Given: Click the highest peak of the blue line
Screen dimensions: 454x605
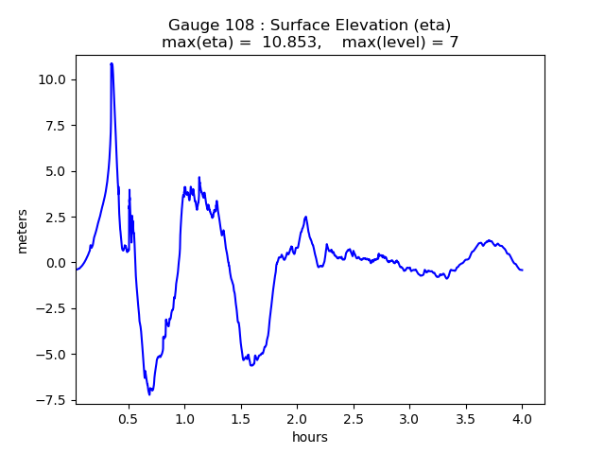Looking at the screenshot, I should coord(112,63).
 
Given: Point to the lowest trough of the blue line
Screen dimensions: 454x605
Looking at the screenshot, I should coord(148,393).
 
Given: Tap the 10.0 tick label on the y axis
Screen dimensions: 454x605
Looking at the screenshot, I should coord(51,79).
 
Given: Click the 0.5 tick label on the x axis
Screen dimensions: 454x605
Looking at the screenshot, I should coord(129,418).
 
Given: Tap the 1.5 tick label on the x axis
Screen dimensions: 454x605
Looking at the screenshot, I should coord(241,418).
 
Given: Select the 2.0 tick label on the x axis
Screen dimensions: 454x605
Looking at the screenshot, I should coord(297,418).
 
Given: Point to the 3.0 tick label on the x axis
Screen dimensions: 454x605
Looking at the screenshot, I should coord(409,418).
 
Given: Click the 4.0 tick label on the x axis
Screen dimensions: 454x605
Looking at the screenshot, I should coord(522,418).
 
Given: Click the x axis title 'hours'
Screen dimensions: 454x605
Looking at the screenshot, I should coord(310,437).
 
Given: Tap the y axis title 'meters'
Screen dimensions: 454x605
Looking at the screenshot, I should coord(22,231).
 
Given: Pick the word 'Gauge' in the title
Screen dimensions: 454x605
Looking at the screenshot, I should coord(192,25).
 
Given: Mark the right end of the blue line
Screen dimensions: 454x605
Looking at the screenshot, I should coord(522,271).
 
